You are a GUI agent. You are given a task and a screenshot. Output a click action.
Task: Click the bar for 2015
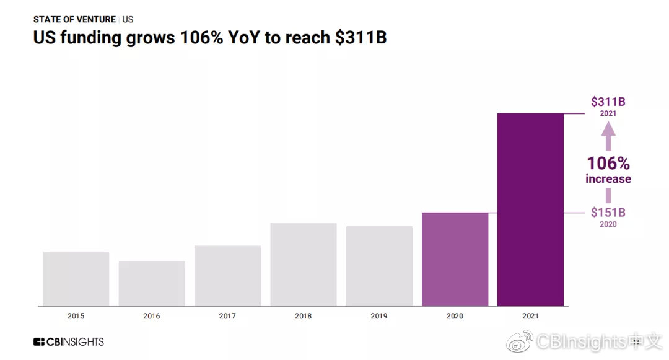click(76, 278)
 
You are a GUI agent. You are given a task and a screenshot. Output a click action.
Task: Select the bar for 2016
click(152, 283)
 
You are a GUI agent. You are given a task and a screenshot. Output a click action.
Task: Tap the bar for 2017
click(227, 276)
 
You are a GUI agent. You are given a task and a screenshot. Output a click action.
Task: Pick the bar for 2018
click(304, 265)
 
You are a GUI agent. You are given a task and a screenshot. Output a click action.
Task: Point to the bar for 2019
click(379, 266)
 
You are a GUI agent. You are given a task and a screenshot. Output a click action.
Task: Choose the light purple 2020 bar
click(455, 259)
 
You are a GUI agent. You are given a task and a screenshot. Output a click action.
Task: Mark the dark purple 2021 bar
click(530, 209)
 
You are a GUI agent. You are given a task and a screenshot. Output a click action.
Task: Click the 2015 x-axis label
click(76, 316)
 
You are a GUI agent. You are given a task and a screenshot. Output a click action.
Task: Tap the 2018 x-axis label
click(304, 316)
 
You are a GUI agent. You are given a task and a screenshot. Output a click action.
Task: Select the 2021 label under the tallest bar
click(530, 316)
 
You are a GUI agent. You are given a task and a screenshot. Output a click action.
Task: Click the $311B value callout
click(608, 102)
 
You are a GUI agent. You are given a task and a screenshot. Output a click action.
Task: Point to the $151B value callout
click(608, 213)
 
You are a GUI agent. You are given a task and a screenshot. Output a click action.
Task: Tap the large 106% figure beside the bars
click(608, 164)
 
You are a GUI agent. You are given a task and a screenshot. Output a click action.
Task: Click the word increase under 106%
click(608, 179)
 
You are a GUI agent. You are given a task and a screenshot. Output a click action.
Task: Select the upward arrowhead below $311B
click(608, 129)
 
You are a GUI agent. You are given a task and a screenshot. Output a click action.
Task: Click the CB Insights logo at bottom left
click(69, 341)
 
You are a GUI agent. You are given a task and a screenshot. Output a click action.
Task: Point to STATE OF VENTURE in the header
click(74, 19)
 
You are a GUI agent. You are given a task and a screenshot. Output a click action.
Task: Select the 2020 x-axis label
click(455, 316)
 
